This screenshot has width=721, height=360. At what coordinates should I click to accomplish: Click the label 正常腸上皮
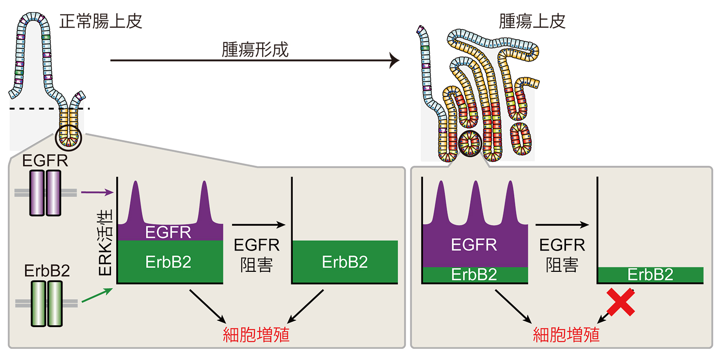(x=101, y=21)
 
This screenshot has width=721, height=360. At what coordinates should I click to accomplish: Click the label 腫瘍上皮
(x=532, y=21)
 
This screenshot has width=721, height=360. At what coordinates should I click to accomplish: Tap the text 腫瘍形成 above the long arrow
(x=255, y=49)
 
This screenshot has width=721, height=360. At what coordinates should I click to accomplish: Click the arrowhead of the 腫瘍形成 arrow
(x=394, y=61)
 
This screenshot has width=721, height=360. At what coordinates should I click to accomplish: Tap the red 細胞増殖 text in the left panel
(x=256, y=335)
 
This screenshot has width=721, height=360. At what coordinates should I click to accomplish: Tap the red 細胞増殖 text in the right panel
(x=566, y=335)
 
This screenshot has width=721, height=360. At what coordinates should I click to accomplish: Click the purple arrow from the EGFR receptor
(x=97, y=193)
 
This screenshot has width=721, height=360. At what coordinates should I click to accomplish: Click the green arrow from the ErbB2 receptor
(x=97, y=295)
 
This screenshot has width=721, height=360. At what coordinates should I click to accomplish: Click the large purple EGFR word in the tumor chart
(x=474, y=245)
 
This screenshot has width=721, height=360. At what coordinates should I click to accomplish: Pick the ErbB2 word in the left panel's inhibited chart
(x=345, y=262)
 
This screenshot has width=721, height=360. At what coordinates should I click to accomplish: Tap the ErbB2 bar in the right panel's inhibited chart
(x=650, y=275)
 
